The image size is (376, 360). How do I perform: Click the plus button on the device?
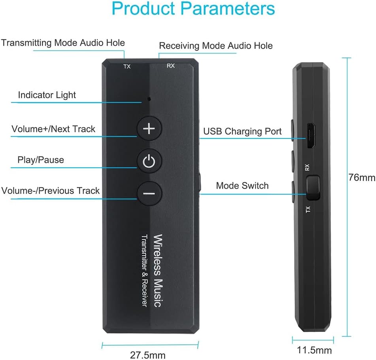(149, 129)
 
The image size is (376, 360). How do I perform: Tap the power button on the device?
(149, 161)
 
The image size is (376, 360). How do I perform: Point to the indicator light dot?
(149, 99)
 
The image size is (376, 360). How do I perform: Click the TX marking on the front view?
(127, 66)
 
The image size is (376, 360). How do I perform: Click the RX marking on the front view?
(171, 66)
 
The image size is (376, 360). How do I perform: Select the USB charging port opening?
(311, 136)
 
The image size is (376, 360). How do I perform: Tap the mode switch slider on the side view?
(313, 188)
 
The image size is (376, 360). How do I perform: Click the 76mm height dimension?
(362, 178)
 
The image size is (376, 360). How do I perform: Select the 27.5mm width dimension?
(148, 355)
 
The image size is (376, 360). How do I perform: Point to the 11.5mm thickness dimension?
(314, 351)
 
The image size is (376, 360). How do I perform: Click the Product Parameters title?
(193, 9)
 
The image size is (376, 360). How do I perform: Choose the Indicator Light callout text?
(47, 95)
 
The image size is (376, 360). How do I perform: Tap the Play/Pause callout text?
(41, 160)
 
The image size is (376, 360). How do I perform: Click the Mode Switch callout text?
(242, 186)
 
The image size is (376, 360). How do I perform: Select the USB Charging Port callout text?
(242, 131)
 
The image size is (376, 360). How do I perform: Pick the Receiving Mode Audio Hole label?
(216, 45)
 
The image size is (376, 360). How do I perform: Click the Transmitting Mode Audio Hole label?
(63, 43)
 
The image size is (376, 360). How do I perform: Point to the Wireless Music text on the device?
(158, 271)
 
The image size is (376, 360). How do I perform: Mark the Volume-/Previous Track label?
(50, 191)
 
